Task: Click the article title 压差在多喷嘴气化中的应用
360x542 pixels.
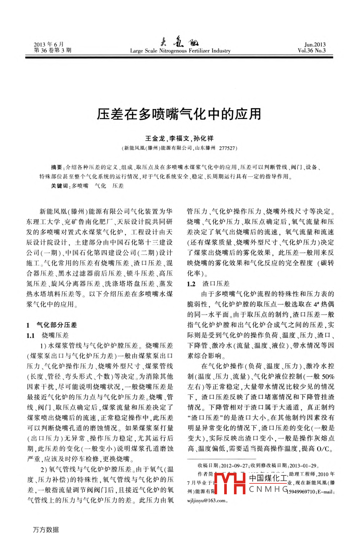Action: (x=179, y=114)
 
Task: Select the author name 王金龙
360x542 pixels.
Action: (x=155, y=138)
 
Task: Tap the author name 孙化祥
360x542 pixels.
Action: (x=204, y=138)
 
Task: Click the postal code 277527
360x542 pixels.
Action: (x=227, y=148)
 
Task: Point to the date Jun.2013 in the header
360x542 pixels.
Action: (x=315, y=44)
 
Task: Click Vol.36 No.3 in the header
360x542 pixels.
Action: (x=312, y=51)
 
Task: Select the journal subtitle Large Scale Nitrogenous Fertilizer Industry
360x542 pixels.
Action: (x=180, y=51)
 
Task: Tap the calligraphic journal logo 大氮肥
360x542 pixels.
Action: (x=179, y=43)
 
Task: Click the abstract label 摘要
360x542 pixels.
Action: (x=56, y=167)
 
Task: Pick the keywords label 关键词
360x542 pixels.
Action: (x=60, y=186)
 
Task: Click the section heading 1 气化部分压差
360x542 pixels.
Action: (x=52, y=325)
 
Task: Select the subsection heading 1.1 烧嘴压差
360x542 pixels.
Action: (x=48, y=335)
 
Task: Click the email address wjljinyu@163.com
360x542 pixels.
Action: (x=206, y=500)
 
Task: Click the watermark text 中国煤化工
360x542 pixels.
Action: (x=268, y=478)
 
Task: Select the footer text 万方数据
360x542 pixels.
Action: (x=46, y=530)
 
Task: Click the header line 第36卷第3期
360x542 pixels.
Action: (x=53, y=51)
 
